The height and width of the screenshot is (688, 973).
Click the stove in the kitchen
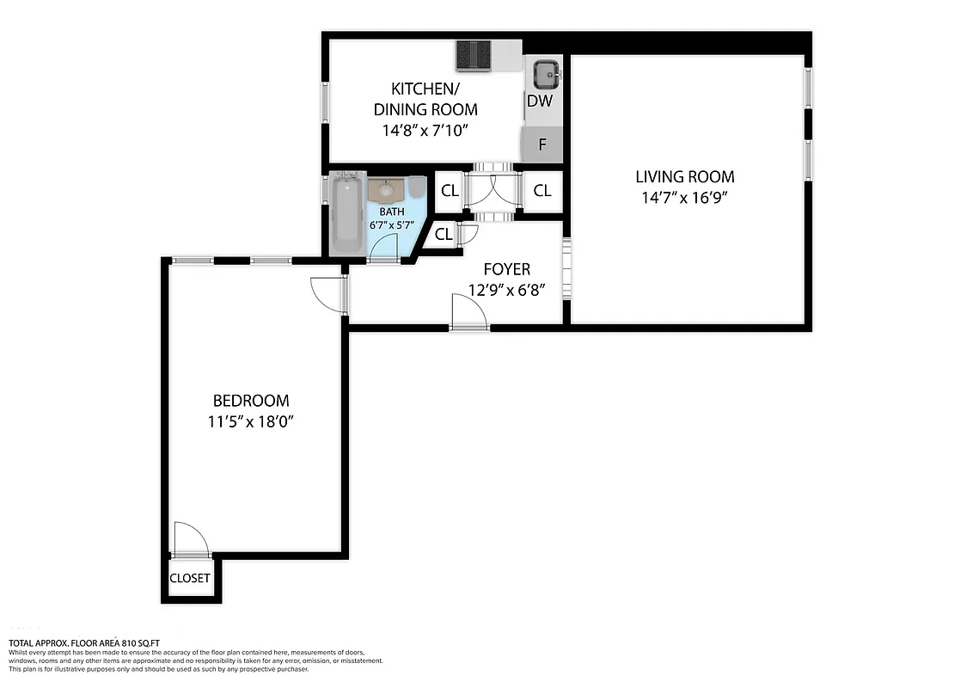[473, 56]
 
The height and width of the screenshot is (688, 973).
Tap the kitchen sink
[546, 76]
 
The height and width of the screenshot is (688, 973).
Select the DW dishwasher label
[539, 101]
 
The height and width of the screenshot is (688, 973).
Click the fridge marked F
[542, 144]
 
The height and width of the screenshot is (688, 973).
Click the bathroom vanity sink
[386, 189]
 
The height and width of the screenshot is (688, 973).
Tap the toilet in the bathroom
[417, 187]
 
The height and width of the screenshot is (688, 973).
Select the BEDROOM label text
[251, 401]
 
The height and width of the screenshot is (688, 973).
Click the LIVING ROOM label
[685, 177]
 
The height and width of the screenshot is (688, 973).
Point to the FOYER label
[506, 269]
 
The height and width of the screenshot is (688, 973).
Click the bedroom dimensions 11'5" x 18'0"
[251, 421]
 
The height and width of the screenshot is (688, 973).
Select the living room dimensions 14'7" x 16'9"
[685, 197]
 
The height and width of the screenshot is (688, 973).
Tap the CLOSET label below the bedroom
[190, 578]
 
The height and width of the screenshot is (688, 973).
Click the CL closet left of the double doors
[450, 192]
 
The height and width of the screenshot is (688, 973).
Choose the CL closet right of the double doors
[542, 192]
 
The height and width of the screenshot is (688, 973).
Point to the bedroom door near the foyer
[328, 295]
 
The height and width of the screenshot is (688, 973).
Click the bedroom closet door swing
[190, 540]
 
